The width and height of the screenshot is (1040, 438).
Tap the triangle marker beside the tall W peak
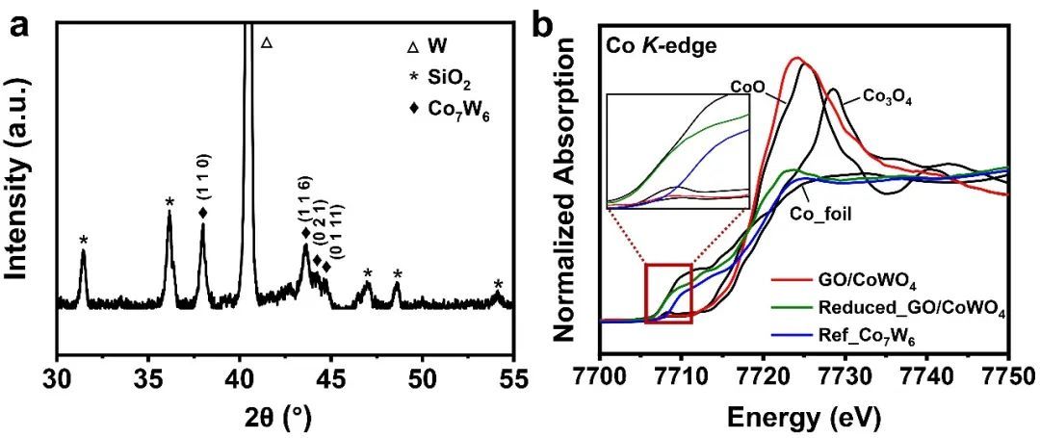(267, 42)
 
